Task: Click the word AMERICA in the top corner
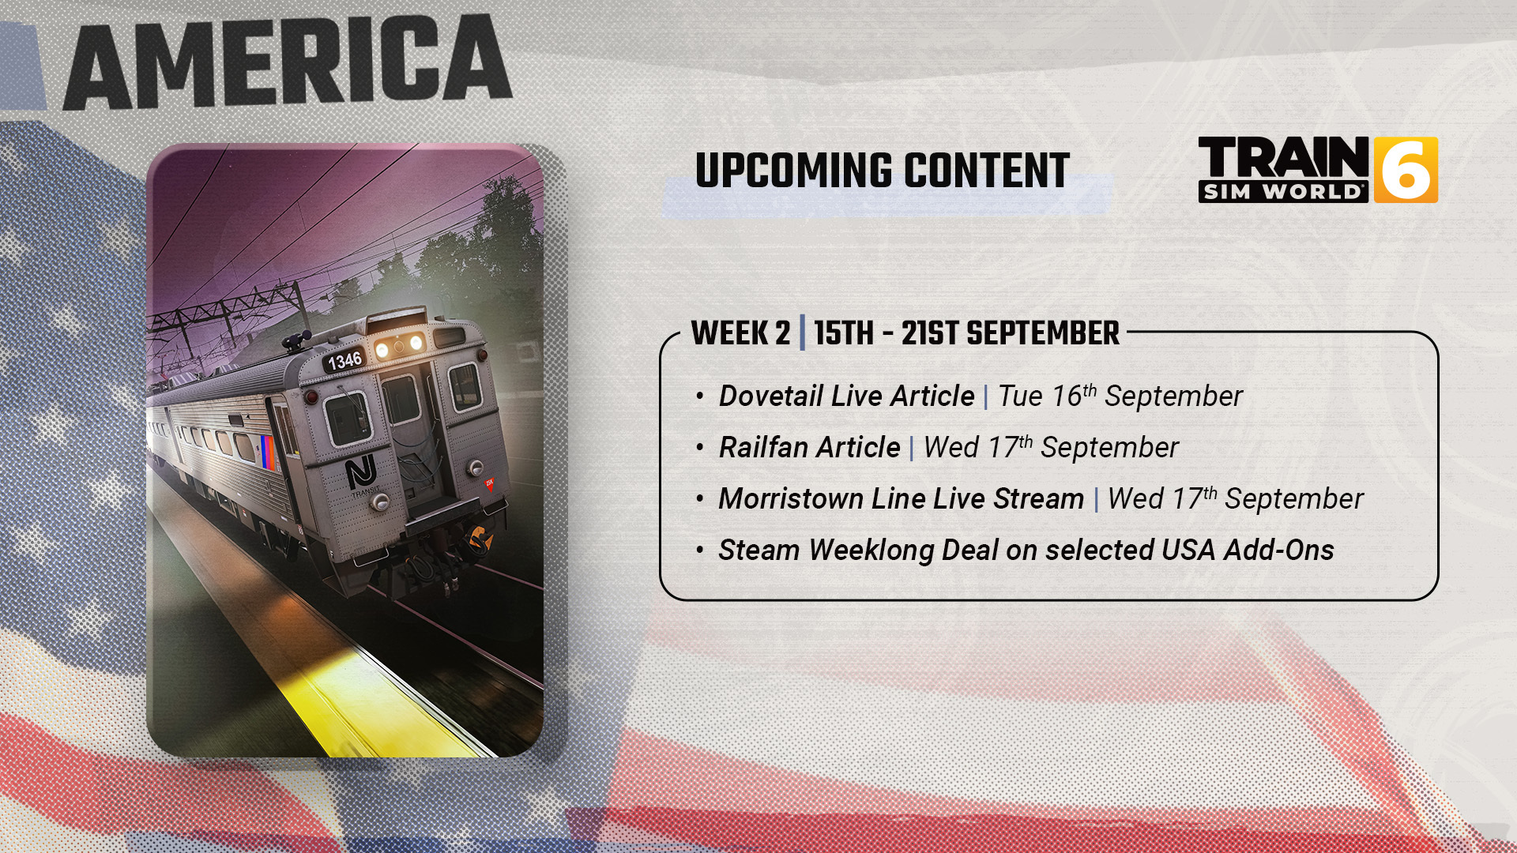[x=288, y=63]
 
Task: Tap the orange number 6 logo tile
[x=1406, y=170]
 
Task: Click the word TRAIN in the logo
[x=1283, y=158]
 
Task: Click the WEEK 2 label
[x=740, y=333]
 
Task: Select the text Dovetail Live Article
[x=846, y=396]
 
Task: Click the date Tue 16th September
[x=1120, y=396]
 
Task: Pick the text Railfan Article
[x=809, y=448]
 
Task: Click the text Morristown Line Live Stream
[x=901, y=499]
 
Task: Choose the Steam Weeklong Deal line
[x=1026, y=551]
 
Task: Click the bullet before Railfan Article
[x=700, y=448]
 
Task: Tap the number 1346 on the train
[x=345, y=361]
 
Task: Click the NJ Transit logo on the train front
[x=361, y=474]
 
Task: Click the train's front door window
[x=401, y=399]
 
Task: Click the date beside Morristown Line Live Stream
[x=1235, y=499]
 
